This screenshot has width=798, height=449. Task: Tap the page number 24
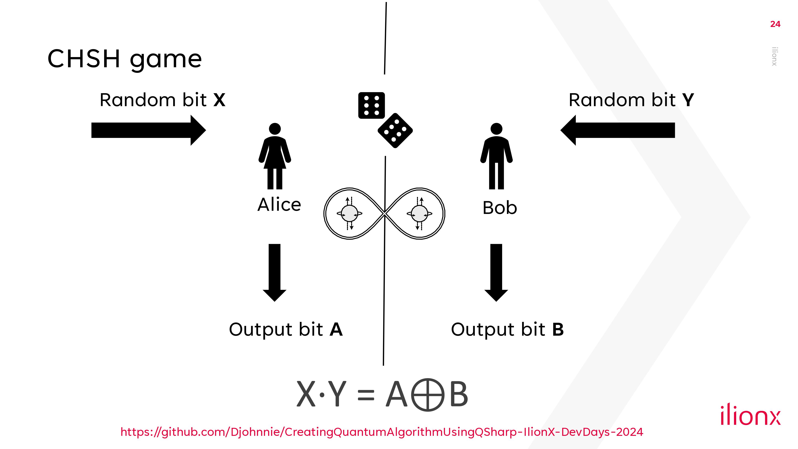(775, 24)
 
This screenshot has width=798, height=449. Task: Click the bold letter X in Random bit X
(219, 100)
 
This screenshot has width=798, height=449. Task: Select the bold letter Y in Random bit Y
(688, 100)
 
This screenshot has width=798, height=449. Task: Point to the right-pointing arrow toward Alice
(148, 130)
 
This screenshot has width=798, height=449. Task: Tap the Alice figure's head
(275, 129)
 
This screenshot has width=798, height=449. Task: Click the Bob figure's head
(496, 129)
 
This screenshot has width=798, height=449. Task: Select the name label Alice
(279, 205)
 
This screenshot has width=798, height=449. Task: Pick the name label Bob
(500, 208)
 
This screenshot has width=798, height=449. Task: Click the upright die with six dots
(371, 105)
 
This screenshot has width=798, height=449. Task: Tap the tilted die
(395, 131)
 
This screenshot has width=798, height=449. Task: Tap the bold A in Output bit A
(336, 329)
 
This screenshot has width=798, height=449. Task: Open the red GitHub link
(382, 432)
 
